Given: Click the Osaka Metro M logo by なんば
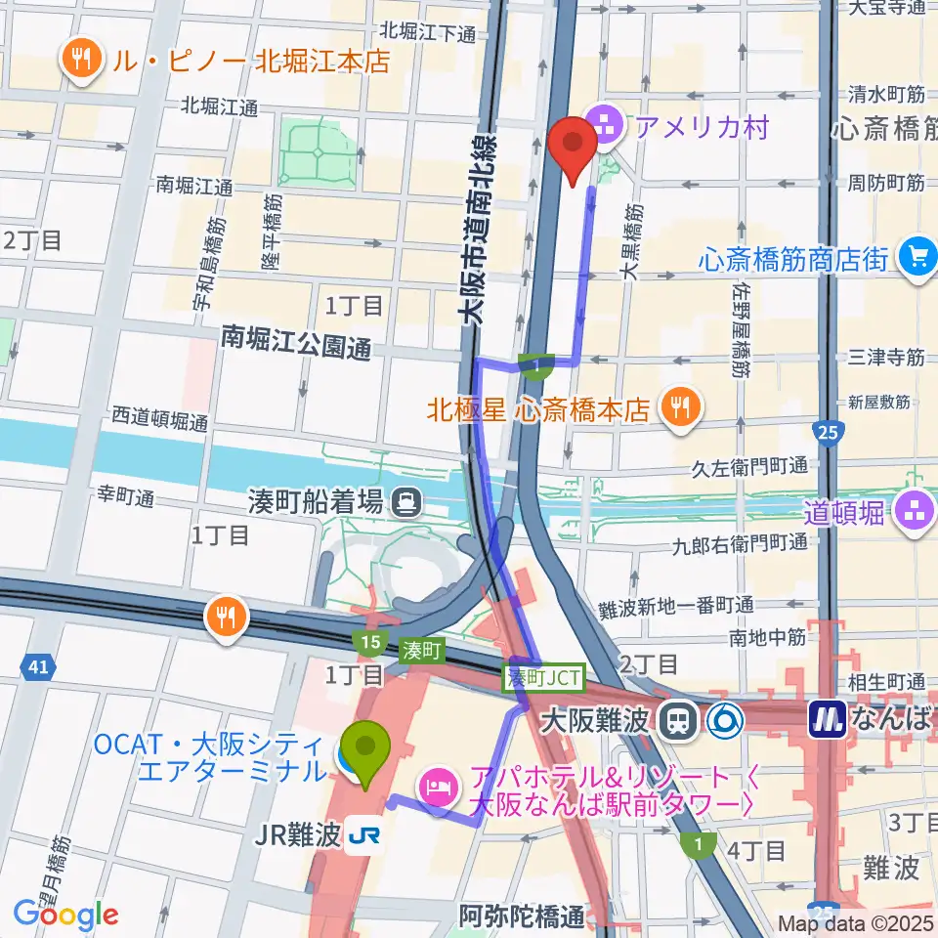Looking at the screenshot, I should pos(827,721).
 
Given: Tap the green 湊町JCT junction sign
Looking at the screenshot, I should pos(543,676).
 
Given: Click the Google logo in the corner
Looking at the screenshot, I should pos(65,915).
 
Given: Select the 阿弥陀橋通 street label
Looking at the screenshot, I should pos(523,917).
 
